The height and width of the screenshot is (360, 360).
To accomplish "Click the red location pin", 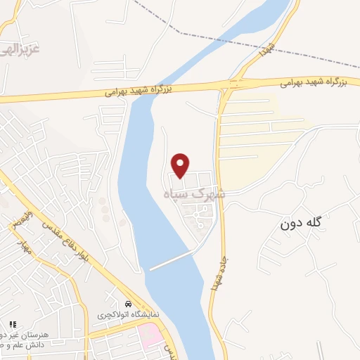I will tap(181, 165).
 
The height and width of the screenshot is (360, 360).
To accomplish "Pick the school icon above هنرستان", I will tap(13, 324).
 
